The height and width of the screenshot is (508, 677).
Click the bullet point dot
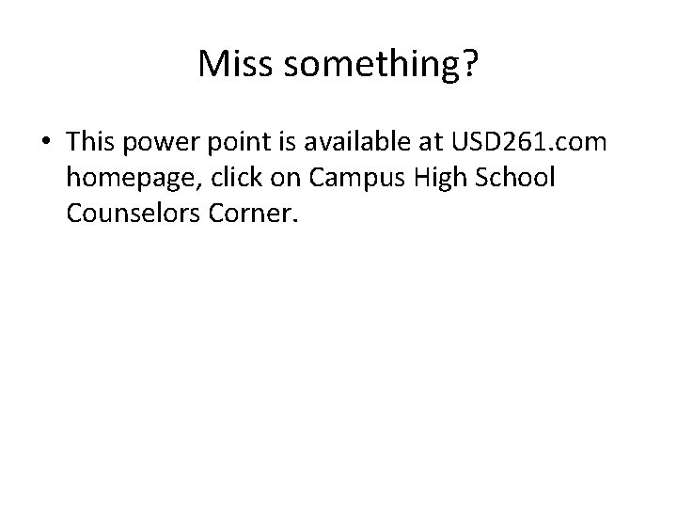click(x=45, y=142)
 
